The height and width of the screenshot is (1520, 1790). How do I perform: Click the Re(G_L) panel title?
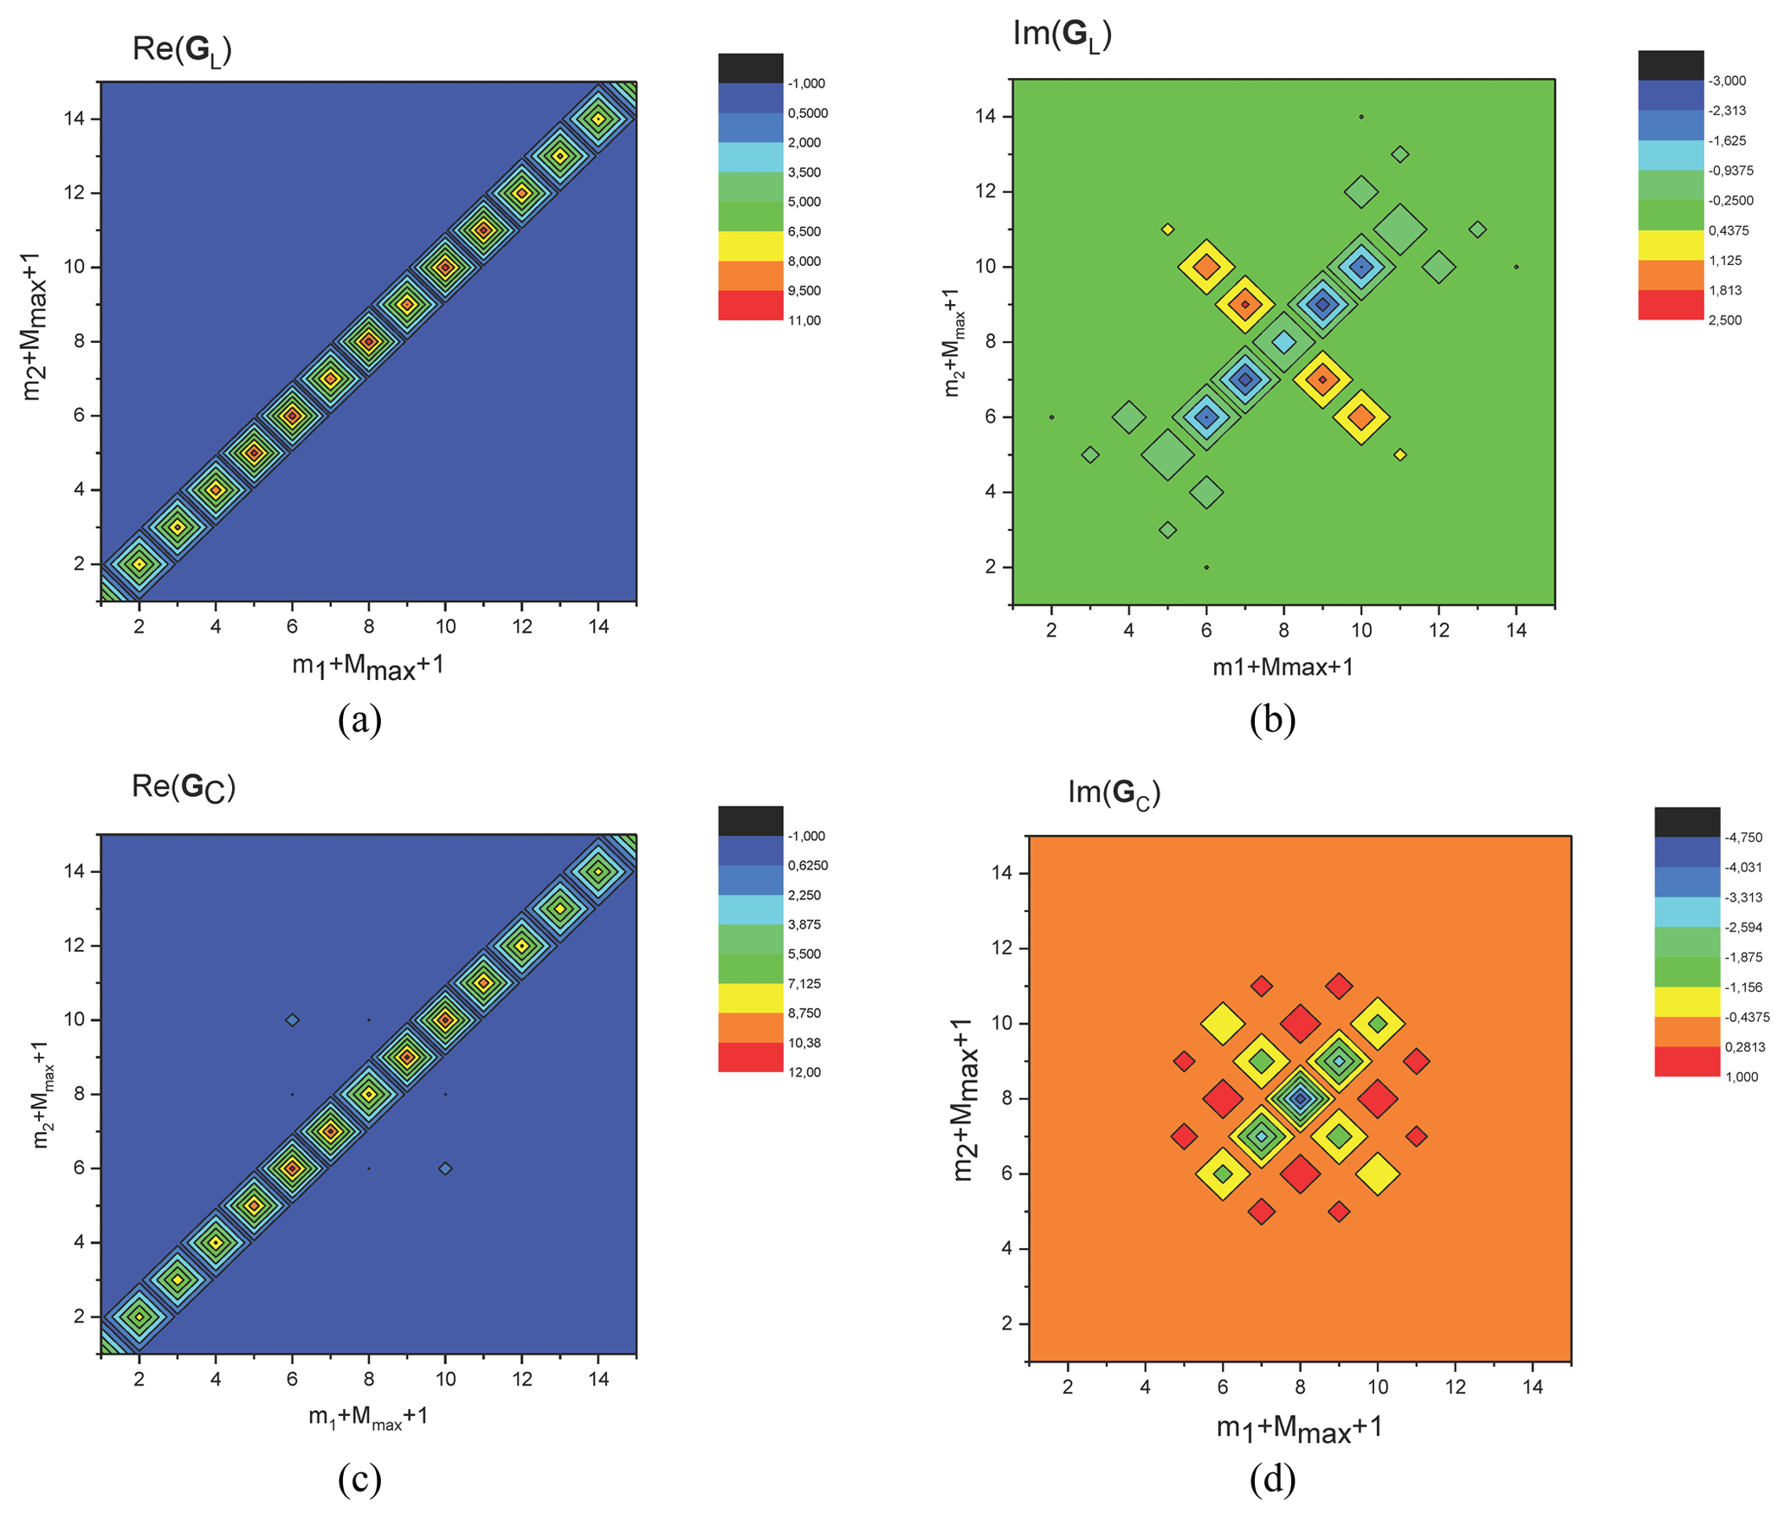tap(182, 50)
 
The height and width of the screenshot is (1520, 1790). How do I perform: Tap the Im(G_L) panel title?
tap(1062, 35)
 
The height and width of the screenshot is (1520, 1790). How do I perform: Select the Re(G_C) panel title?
tap(183, 786)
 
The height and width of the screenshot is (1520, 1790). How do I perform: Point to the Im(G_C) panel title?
tap(1114, 792)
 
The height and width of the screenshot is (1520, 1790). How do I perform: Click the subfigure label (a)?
tap(359, 720)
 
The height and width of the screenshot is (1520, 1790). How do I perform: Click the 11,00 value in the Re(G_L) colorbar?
tap(805, 320)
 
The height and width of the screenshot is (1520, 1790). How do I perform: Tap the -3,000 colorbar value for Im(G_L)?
tap(1727, 81)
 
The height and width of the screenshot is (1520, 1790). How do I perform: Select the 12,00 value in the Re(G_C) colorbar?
tap(805, 1072)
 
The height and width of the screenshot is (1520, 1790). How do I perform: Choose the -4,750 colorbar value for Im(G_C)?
tap(1743, 838)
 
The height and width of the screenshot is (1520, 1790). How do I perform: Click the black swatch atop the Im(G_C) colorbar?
tap(1687, 822)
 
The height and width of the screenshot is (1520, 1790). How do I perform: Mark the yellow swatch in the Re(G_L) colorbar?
tap(750, 246)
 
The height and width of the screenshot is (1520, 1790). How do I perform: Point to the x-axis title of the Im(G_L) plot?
tap(1283, 667)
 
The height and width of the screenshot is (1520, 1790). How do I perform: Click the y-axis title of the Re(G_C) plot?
tap(42, 1093)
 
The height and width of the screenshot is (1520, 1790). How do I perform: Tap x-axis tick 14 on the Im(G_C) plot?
tap(1533, 1387)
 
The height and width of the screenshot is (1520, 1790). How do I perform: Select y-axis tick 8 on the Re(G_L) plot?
tap(79, 341)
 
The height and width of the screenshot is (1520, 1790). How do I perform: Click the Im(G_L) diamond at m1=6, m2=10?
tap(1206, 267)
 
